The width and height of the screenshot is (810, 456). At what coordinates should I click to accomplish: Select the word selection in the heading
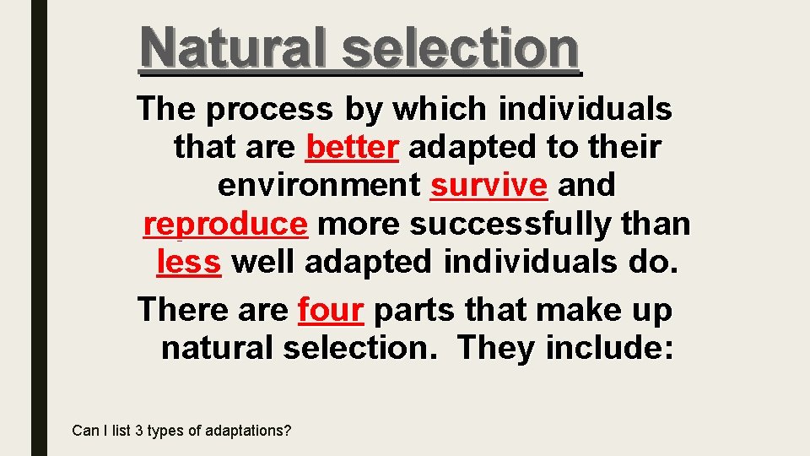(462, 47)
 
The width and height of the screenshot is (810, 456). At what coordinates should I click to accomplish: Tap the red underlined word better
(351, 148)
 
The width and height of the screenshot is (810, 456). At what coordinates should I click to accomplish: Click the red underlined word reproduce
(225, 224)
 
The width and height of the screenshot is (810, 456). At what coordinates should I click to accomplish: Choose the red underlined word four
(331, 310)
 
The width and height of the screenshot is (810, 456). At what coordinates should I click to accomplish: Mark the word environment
(319, 184)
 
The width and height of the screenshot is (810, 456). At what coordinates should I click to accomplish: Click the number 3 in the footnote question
(138, 431)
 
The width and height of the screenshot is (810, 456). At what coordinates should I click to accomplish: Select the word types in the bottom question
(165, 431)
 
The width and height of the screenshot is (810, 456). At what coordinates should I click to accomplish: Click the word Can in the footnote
(85, 431)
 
